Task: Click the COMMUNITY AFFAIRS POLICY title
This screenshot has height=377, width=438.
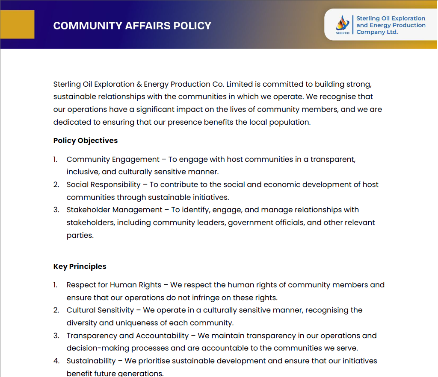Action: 132,26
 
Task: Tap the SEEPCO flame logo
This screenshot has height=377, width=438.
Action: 342,23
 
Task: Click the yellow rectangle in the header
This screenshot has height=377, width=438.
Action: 17,24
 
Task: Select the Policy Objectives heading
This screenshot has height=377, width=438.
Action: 86,140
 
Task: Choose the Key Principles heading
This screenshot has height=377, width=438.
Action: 80,266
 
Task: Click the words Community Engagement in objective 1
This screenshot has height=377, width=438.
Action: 112,159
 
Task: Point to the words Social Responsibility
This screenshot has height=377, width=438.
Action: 104,184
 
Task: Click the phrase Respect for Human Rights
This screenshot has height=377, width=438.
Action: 114,285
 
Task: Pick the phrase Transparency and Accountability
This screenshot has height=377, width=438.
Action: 127,336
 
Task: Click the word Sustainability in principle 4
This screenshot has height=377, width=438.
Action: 91,361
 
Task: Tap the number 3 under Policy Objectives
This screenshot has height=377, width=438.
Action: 56,210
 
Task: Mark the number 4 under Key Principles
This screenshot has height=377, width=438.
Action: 56,361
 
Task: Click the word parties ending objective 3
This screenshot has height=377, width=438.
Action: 80,235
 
